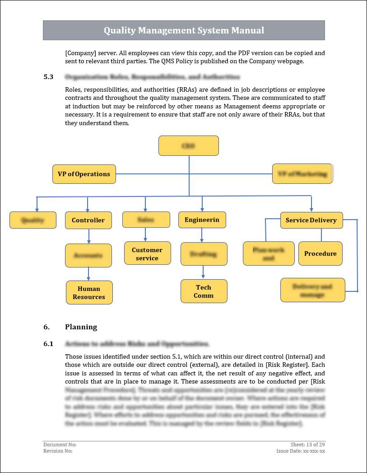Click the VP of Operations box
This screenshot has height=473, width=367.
click(x=84, y=174)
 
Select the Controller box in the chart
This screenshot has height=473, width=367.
click(x=88, y=220)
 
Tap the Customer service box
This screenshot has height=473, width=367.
click(x=147, y=253)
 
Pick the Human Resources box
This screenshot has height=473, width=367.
click(x=89, y=293)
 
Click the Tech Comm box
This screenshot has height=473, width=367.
click(x=204, y=291)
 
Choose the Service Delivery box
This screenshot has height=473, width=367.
click(x=311, y=220)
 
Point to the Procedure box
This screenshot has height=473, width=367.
click(x=320, y=253)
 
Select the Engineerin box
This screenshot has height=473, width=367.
click(x=202, y=220)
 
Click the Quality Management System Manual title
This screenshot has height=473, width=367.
click(x=184, y=31)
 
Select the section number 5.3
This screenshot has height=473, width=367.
click(x=48, y=77)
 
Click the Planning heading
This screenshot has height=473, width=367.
click(x=81, y=327)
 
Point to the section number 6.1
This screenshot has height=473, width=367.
click(x=48, y=344)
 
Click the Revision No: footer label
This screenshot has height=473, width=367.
click(x=58, y=451)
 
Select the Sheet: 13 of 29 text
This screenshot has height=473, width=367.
click(x=308, y=445)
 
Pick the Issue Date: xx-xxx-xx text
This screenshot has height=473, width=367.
click(x=301, y=451)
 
